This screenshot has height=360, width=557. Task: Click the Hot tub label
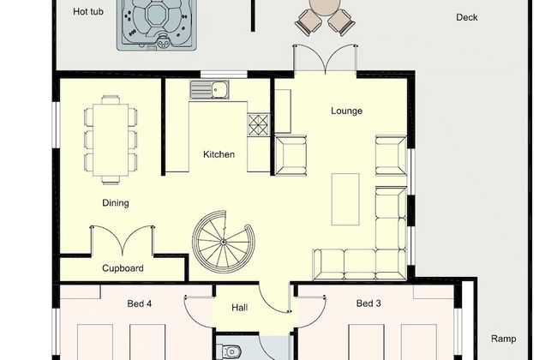tap(88, 12)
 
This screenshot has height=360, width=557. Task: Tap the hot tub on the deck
tap(157, 24)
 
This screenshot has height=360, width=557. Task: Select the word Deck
tap(466, 17)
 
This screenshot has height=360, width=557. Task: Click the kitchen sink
tap(209, 89)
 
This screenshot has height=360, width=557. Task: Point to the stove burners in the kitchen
tap(258, 125)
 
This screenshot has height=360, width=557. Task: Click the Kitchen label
tap(219, 154)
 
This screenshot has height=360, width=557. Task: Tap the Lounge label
tap(347, 111)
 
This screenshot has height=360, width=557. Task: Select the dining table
tap(111, 140)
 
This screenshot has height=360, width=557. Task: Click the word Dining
tap(116, 203)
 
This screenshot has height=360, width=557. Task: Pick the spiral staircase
tap(223, 242)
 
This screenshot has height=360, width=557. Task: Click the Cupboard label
tap(123, 268)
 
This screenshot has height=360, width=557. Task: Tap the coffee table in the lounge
tap(345, 200)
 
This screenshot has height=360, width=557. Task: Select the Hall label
tap(239, 308)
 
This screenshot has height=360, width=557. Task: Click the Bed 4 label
tap(139, 303)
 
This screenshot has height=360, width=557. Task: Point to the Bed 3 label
tap(368, 303)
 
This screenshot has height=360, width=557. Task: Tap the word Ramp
tap(503, 339)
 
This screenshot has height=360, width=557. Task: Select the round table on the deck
tap(325, 5)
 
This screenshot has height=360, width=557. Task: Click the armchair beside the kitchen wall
tap(291, 155)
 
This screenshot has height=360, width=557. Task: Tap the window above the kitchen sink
tap(224, 75)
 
